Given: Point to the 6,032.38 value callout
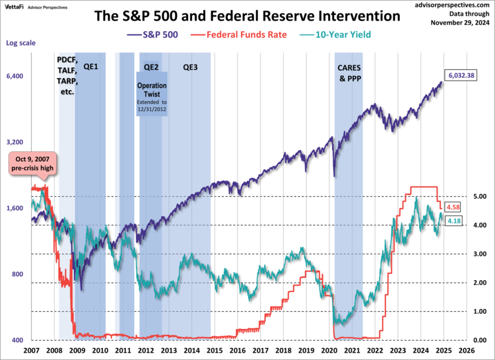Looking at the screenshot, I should pyautogui.click(x=461, y=75).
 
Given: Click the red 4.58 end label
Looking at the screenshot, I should pyautogui.click(x=453, y=207).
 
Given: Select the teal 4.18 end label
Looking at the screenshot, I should pyautogui.click(x=453, y=221).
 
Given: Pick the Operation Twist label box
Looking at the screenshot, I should pyautogui.click(x=152, y=96).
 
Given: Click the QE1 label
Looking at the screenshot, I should pyautogui.click(x=90, y=67).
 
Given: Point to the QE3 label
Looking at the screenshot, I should pyautogui.click(x=190, y=67).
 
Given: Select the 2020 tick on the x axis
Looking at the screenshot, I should pyautogui.click(x=329, y=350).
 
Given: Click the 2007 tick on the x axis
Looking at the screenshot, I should pyautogui.click(x=32, y=350).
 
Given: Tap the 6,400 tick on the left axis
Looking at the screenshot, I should pyautogui.click(x=15, y=76).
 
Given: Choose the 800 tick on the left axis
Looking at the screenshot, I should pyautogui.click(x=16, y=274).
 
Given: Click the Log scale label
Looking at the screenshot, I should pyautogui.click(x=20, y=43).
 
